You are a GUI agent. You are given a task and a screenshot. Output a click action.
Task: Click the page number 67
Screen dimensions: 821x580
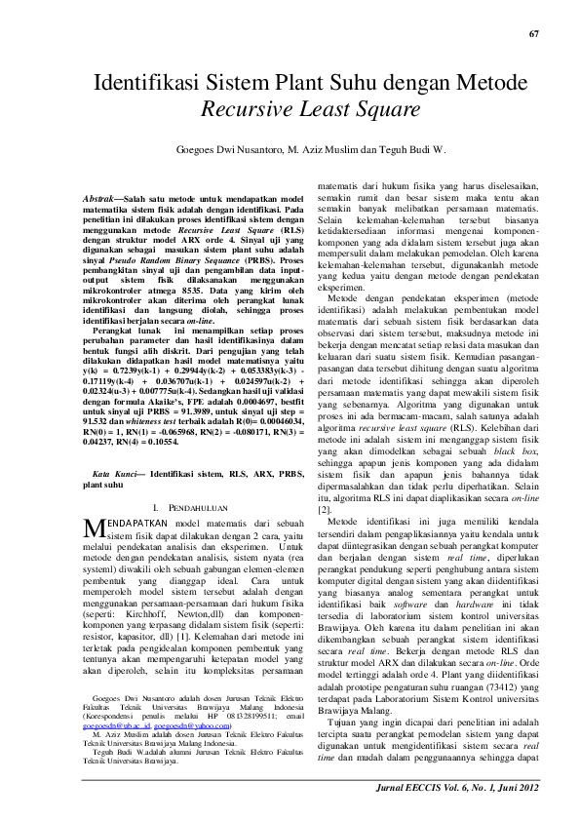click(533, 35)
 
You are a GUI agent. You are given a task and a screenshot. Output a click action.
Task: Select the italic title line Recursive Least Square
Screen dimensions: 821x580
click(290, 109)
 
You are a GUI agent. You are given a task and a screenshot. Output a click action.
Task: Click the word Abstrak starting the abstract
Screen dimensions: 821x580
click(101, 198)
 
